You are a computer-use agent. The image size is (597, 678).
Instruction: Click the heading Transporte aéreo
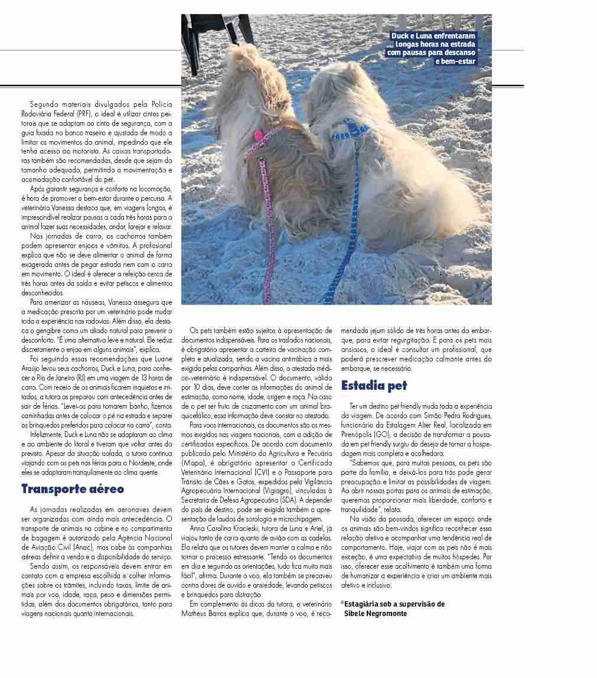tap(73, 489)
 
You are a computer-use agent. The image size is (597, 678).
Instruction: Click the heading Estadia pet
tap(374, 386)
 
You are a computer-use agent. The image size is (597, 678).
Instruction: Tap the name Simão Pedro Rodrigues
tap(459, 415)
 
